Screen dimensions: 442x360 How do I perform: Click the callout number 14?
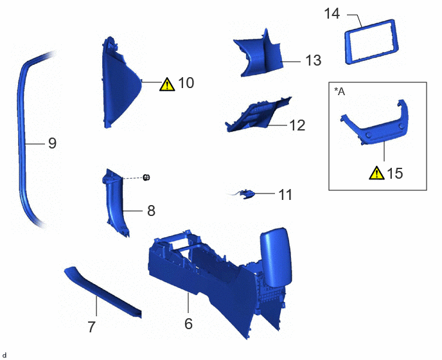point(331,14)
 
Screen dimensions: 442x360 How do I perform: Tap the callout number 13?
point(313,60)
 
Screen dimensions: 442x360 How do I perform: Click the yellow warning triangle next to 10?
point(167,84)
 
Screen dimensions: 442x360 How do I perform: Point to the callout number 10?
point(186,83)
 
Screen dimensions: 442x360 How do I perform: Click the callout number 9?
point(53,143)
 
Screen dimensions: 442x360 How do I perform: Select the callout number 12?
point(297,125)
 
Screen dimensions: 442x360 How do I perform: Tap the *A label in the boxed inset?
point(339,91)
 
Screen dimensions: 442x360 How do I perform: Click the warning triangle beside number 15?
point(376,173)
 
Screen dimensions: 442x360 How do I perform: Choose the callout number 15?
point(395,173)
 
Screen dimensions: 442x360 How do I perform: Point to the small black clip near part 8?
point(146,177)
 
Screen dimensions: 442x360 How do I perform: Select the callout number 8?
point(152,211)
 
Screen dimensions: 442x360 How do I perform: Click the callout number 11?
point(285,195)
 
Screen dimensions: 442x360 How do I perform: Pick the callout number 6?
point(189,324)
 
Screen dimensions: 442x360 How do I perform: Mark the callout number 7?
point(91,327)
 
